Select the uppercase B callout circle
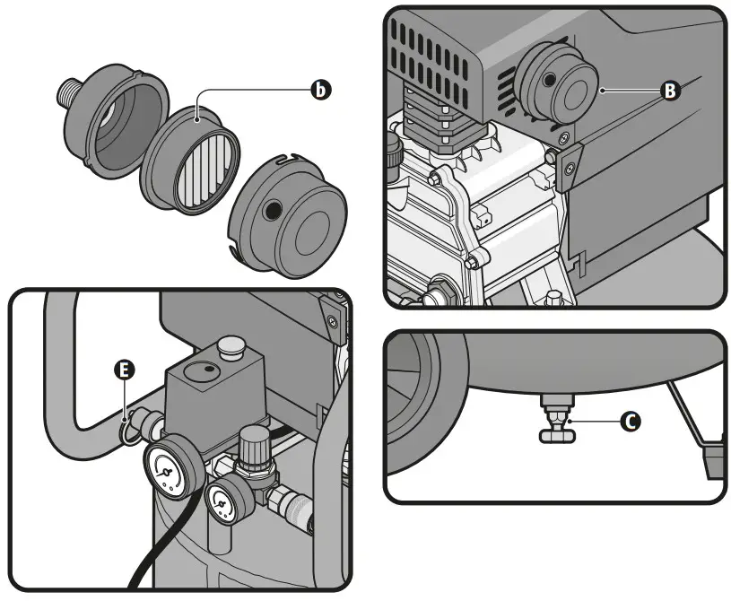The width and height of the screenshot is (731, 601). pos(668,90)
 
